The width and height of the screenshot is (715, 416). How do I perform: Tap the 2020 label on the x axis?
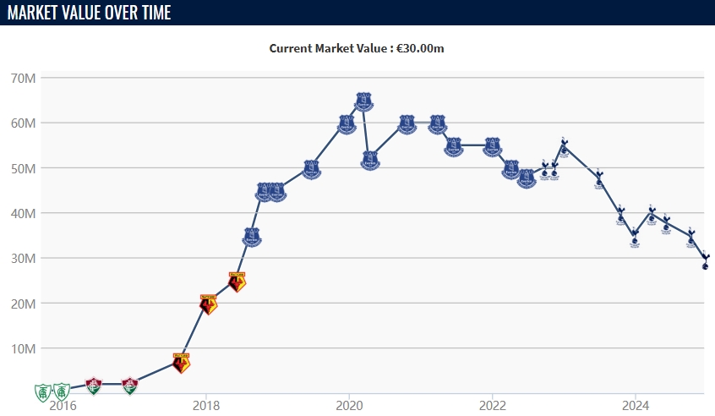(x=349, y=404)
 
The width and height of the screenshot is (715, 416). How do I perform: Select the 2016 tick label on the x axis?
(x=63, y=404)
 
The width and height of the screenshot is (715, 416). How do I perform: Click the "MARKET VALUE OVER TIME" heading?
(x=89, y=13)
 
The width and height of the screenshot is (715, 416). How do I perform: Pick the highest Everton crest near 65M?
(x=363, y=101)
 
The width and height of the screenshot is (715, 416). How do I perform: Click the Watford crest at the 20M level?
(x=208, y=304)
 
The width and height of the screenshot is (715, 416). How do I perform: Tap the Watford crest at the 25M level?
(x=237, y=281)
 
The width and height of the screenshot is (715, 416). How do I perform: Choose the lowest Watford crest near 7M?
(x=181, y=362)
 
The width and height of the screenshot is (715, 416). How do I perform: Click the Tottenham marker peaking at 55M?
(x=564, y=147)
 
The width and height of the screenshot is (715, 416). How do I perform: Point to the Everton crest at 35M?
(x=251, y=236)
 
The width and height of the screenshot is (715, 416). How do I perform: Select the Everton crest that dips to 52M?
(x=370, y=159)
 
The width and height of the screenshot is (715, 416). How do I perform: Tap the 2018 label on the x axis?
(x=205, y=404)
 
